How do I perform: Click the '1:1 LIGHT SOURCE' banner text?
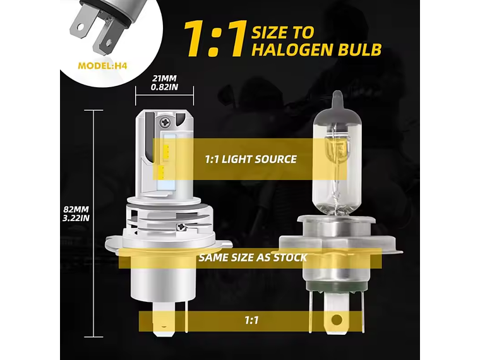click(x=251, y=159)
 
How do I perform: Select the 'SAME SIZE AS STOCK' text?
click(x=252, y=257)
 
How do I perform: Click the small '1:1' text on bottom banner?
click(x=251, y=320)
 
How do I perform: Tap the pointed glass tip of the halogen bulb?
click(x=339, y=99)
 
